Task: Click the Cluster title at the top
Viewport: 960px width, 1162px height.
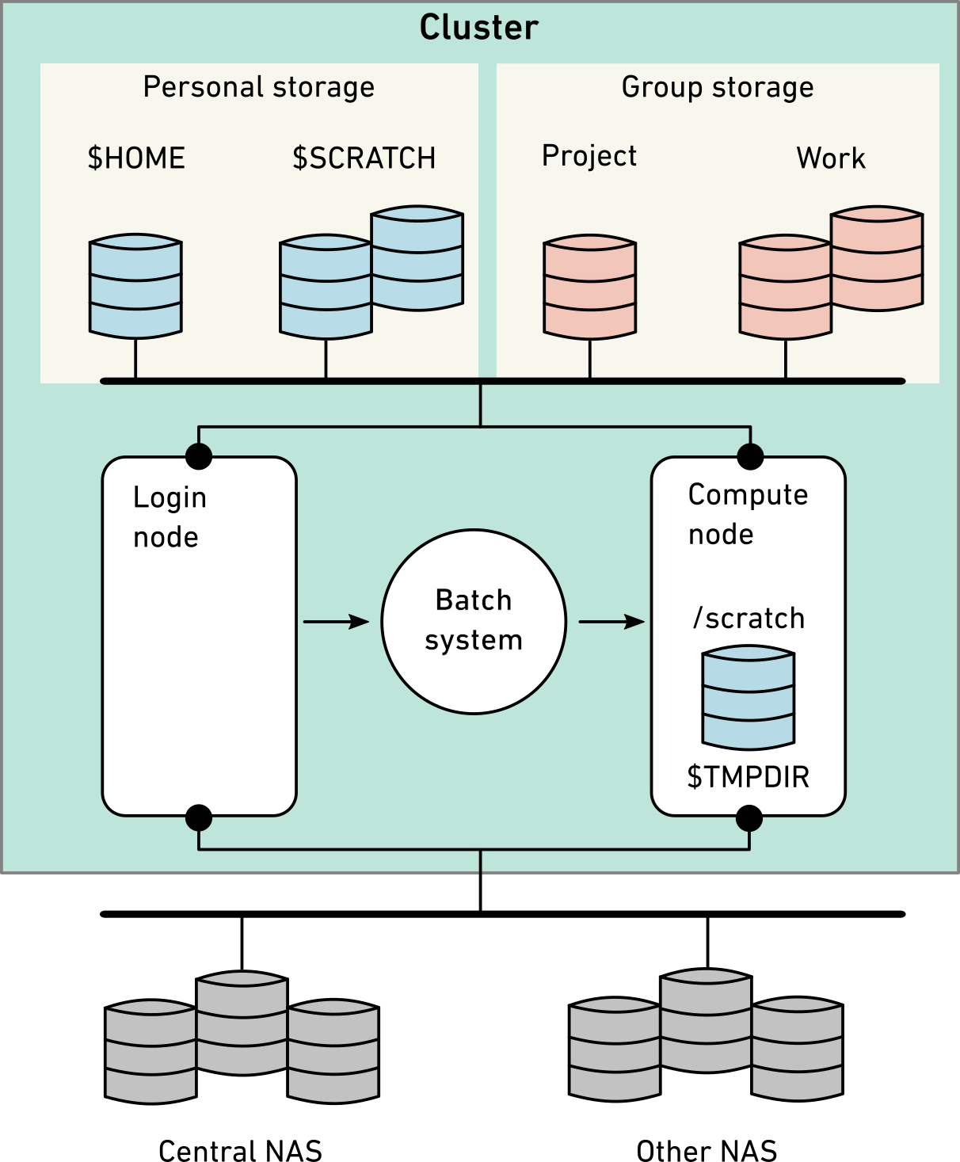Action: pyautogui.click(x=478, y=28)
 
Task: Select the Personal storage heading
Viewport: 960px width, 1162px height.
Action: pyautogui.click(x=258, y=87)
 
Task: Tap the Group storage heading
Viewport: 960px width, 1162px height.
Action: pyautogui.click(x=717, y=87)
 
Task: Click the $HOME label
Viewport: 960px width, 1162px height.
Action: pyautogui.click(x=136, y=158)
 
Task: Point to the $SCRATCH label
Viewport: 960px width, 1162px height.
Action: pyautogui.click(x=364, y=158)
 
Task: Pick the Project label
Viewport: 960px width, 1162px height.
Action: pyautogui.click(x=589, y=156)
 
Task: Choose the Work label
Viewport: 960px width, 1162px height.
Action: pyautogui.click(x=830, y=158)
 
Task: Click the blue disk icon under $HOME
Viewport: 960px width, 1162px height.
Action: pyautogui.click(x=135, y=286)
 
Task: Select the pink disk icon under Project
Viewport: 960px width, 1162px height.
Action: pyautogui.click(x=589, y=287)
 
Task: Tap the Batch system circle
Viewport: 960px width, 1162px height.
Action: pyautogui.click(x=474, y=622)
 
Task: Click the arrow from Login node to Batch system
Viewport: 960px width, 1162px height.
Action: pyautogui.click(x=336, y=622)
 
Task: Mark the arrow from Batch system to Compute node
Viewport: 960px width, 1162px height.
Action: pyautogui.click(x=611, y=622)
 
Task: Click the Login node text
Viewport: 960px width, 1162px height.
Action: pyautogui.click(x=170, y=517)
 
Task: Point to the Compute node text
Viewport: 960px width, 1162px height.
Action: pyautogui.click(x=747, y=514)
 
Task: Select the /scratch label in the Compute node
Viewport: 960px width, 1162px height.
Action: pyautogui.click(x=749, y=619)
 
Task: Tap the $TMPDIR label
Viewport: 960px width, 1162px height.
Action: pyautogui.click(x=748, y=777)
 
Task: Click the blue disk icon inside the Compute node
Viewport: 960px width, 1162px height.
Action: pyautogui.click(x=748, y=697)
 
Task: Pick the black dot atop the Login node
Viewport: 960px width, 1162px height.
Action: pyautogui.click(x=198, y=456)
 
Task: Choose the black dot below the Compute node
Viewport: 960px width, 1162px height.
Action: pyautogui.click(x=749, y=818)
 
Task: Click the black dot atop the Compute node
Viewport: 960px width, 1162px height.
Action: pyautogui.click(x=750, y=456)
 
